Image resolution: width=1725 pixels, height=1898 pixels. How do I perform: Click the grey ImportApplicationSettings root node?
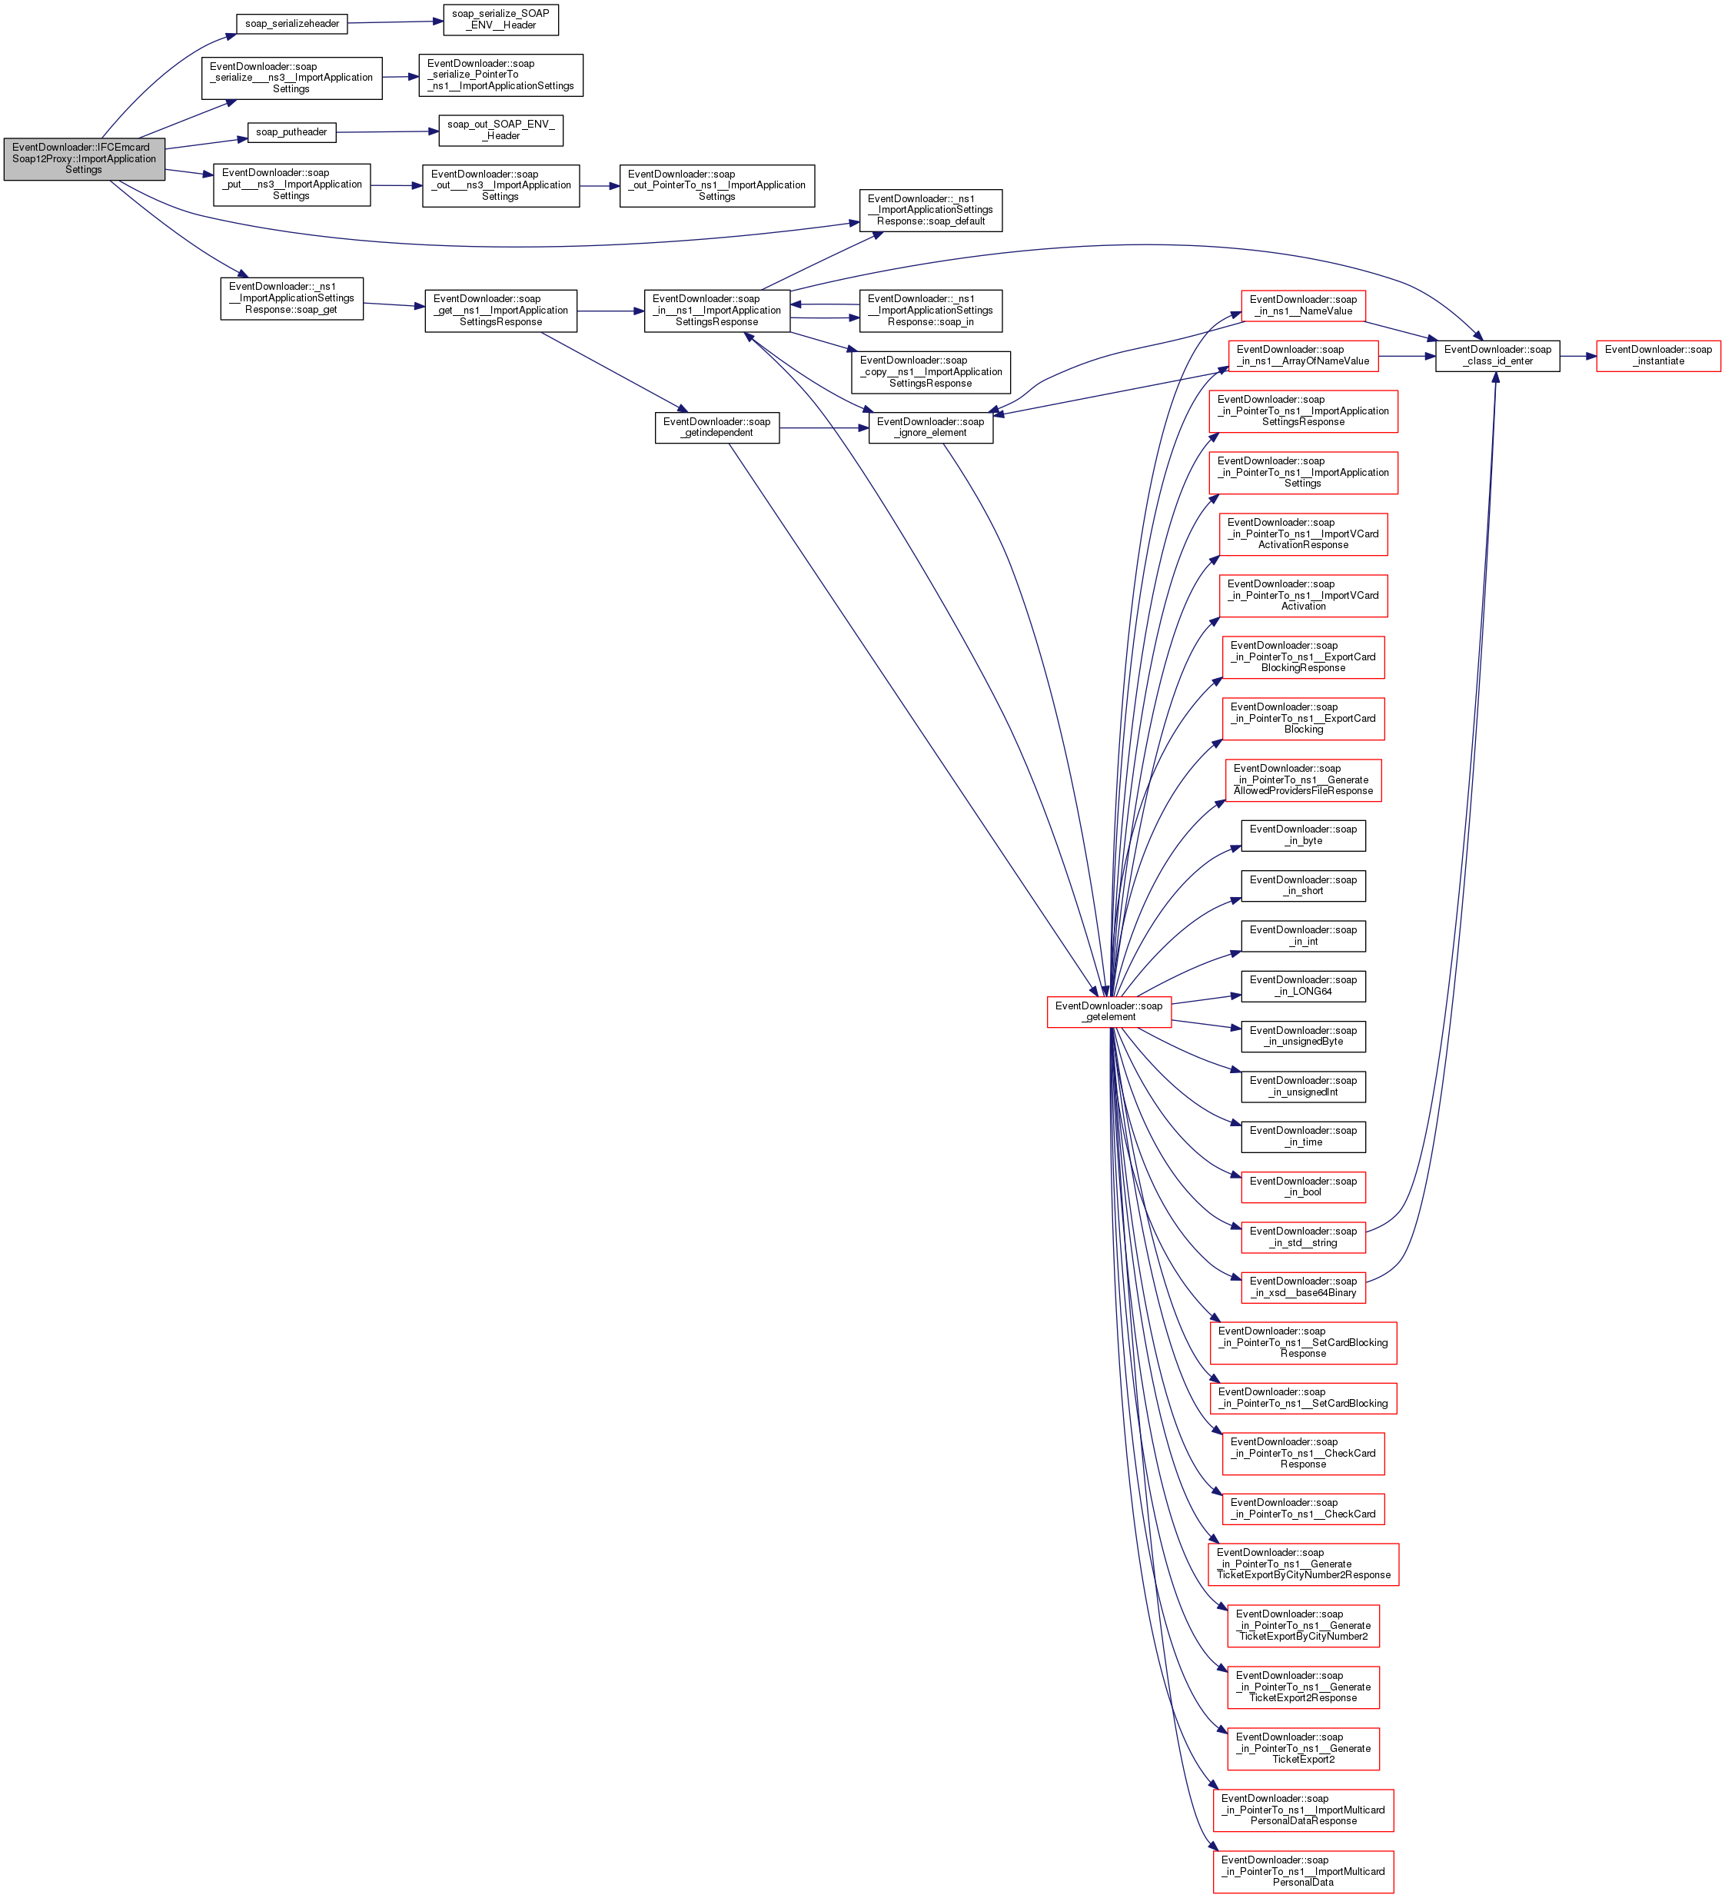[84, 159]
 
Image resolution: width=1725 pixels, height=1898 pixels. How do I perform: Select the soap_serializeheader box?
[292, 24]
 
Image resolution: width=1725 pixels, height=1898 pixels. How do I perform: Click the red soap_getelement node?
[1108, 1012]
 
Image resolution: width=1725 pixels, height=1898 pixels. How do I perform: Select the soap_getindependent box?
[716, 427]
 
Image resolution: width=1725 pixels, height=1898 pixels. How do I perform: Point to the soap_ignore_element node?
[929, 427]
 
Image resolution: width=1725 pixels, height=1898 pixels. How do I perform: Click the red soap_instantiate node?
[1657, 356]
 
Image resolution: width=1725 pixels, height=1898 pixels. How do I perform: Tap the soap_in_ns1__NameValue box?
[1302, 306]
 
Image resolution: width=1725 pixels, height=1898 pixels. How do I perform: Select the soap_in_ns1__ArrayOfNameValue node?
[1302, 356]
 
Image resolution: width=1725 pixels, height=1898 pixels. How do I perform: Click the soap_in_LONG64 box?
[1302, 986]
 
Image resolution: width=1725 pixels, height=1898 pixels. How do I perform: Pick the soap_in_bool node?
[1302, 1187]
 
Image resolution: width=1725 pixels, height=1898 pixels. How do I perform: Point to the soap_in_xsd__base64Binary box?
[1302, 1287]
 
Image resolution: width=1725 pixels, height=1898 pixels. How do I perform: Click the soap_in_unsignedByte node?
[1302, 1036]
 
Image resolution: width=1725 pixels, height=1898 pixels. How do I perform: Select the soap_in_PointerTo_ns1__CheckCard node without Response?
[1302, 1509]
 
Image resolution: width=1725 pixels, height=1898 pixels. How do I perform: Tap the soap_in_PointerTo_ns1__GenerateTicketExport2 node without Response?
[1302, 1749]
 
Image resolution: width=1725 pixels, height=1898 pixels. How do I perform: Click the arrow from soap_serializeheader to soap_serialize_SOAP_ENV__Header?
[395, 22]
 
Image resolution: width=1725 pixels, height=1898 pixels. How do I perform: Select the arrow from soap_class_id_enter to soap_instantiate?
[1577, 356]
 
